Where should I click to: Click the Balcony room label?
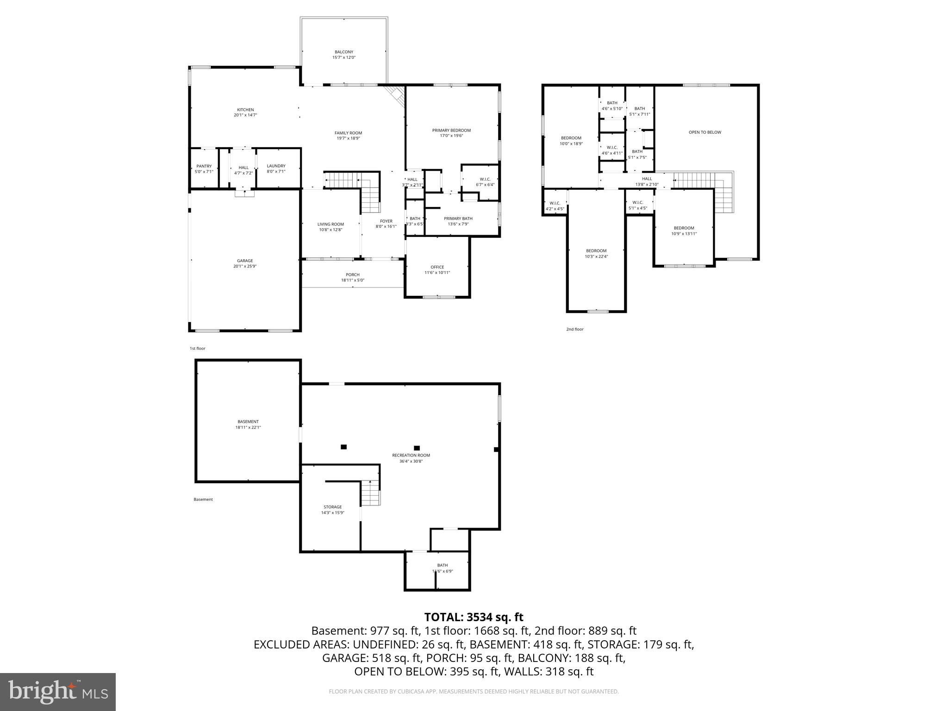[344, 52]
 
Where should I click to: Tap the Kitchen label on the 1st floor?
[245, 110]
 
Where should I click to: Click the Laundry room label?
[276, 166]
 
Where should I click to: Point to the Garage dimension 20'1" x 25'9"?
[245, 267]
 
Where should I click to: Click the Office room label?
[437, 268]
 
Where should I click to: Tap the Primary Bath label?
[458, 219]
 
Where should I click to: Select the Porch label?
[352, 275]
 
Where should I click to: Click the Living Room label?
[331, 225]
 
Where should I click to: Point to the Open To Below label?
[705, 132]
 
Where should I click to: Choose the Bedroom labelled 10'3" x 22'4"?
[596, 251]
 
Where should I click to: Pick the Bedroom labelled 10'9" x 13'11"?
[684, 228]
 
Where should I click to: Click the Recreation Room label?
[411, 455]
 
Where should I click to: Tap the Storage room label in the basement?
[332, 507]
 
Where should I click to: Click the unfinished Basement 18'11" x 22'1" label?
[248, 422]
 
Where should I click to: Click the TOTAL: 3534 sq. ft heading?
[474, 617]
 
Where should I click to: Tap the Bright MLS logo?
[58, 692]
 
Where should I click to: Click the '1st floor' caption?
[197, 349]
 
